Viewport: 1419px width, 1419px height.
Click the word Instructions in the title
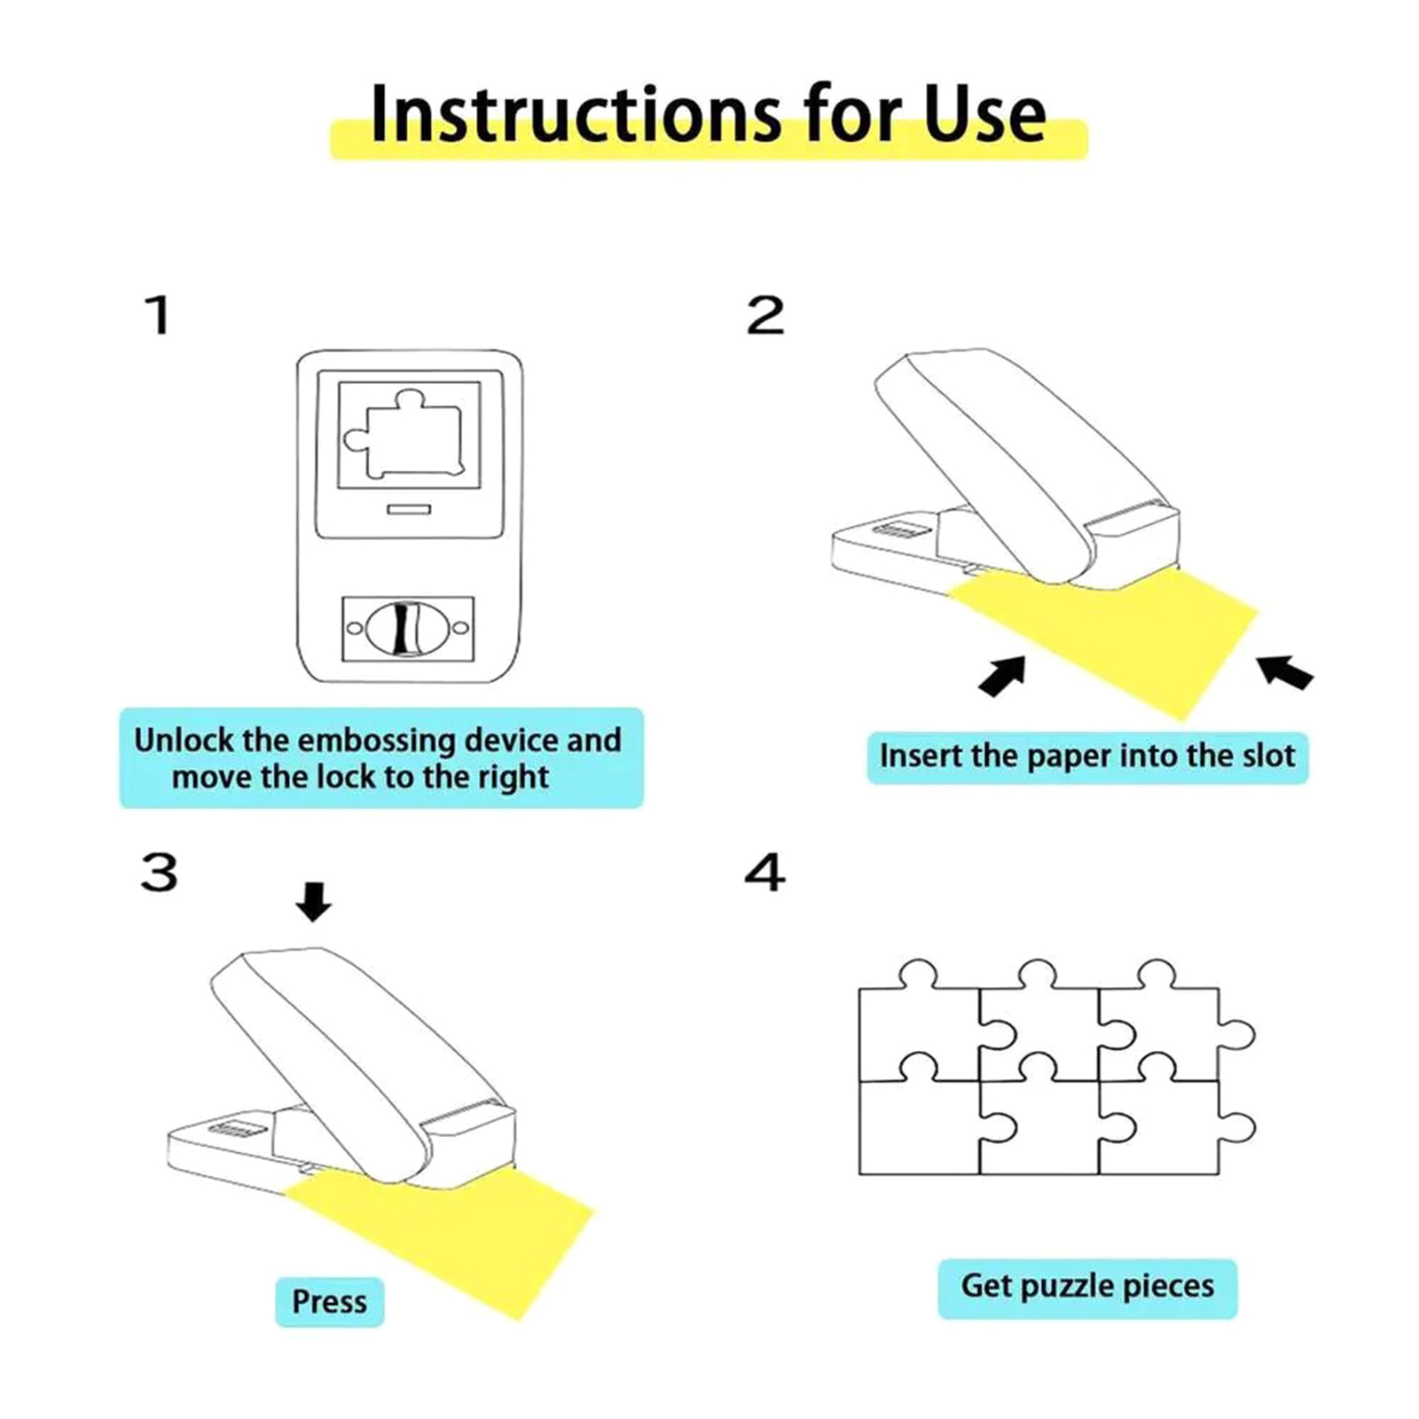click(576, 114)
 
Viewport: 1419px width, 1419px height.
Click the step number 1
click(159, 315)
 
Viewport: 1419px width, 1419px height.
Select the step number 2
click(765, 315)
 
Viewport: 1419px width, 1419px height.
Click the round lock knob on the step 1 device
click(408, 629)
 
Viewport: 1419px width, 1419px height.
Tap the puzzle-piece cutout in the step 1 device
click(404, 434)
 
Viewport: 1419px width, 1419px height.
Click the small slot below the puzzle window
click(409, 509)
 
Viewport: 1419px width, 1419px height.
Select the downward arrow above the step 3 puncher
click(313, 901)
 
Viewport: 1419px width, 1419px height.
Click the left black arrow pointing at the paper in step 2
click(1003, 676)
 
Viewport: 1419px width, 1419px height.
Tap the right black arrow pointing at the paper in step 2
click(1285, 671)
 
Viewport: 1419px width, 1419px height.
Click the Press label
click(329, 1302)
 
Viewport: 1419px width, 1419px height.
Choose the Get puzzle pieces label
click(1087, 1287)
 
